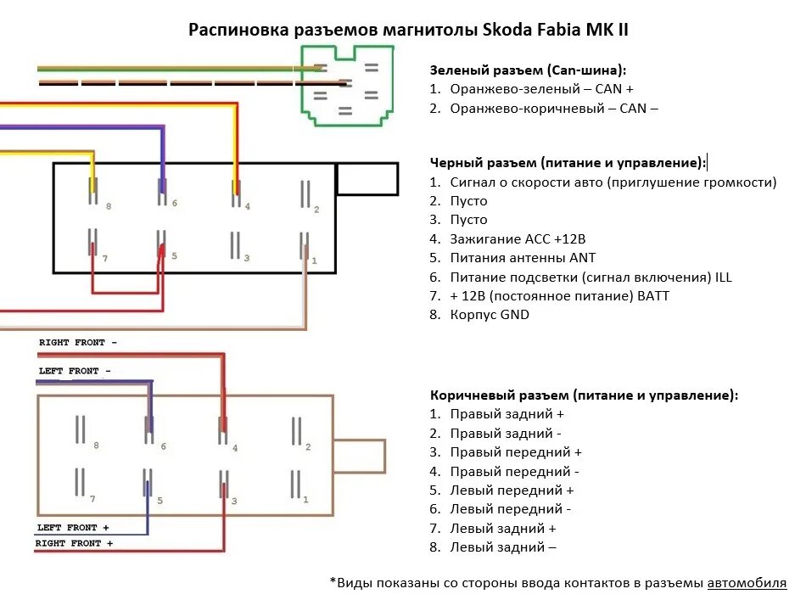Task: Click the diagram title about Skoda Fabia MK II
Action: [x=408, y=31]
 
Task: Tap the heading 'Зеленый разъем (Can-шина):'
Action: [x=528, y=70]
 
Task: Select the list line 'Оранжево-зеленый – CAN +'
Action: [x=542, y=89]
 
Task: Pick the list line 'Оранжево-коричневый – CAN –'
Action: [x=554, y=108]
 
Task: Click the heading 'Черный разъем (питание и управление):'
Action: [x=568, y=162]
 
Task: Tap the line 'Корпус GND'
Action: [x=490, y=315]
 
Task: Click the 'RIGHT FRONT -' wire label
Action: [x=78, y=342]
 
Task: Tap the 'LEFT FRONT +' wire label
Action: [x=73, y=527]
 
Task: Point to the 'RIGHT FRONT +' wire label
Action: [x=75, y=543]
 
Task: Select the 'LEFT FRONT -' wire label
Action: [x=75, y=371]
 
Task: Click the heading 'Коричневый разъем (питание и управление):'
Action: [x=584, y=395]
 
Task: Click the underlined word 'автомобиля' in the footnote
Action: [x=747, y=583]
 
